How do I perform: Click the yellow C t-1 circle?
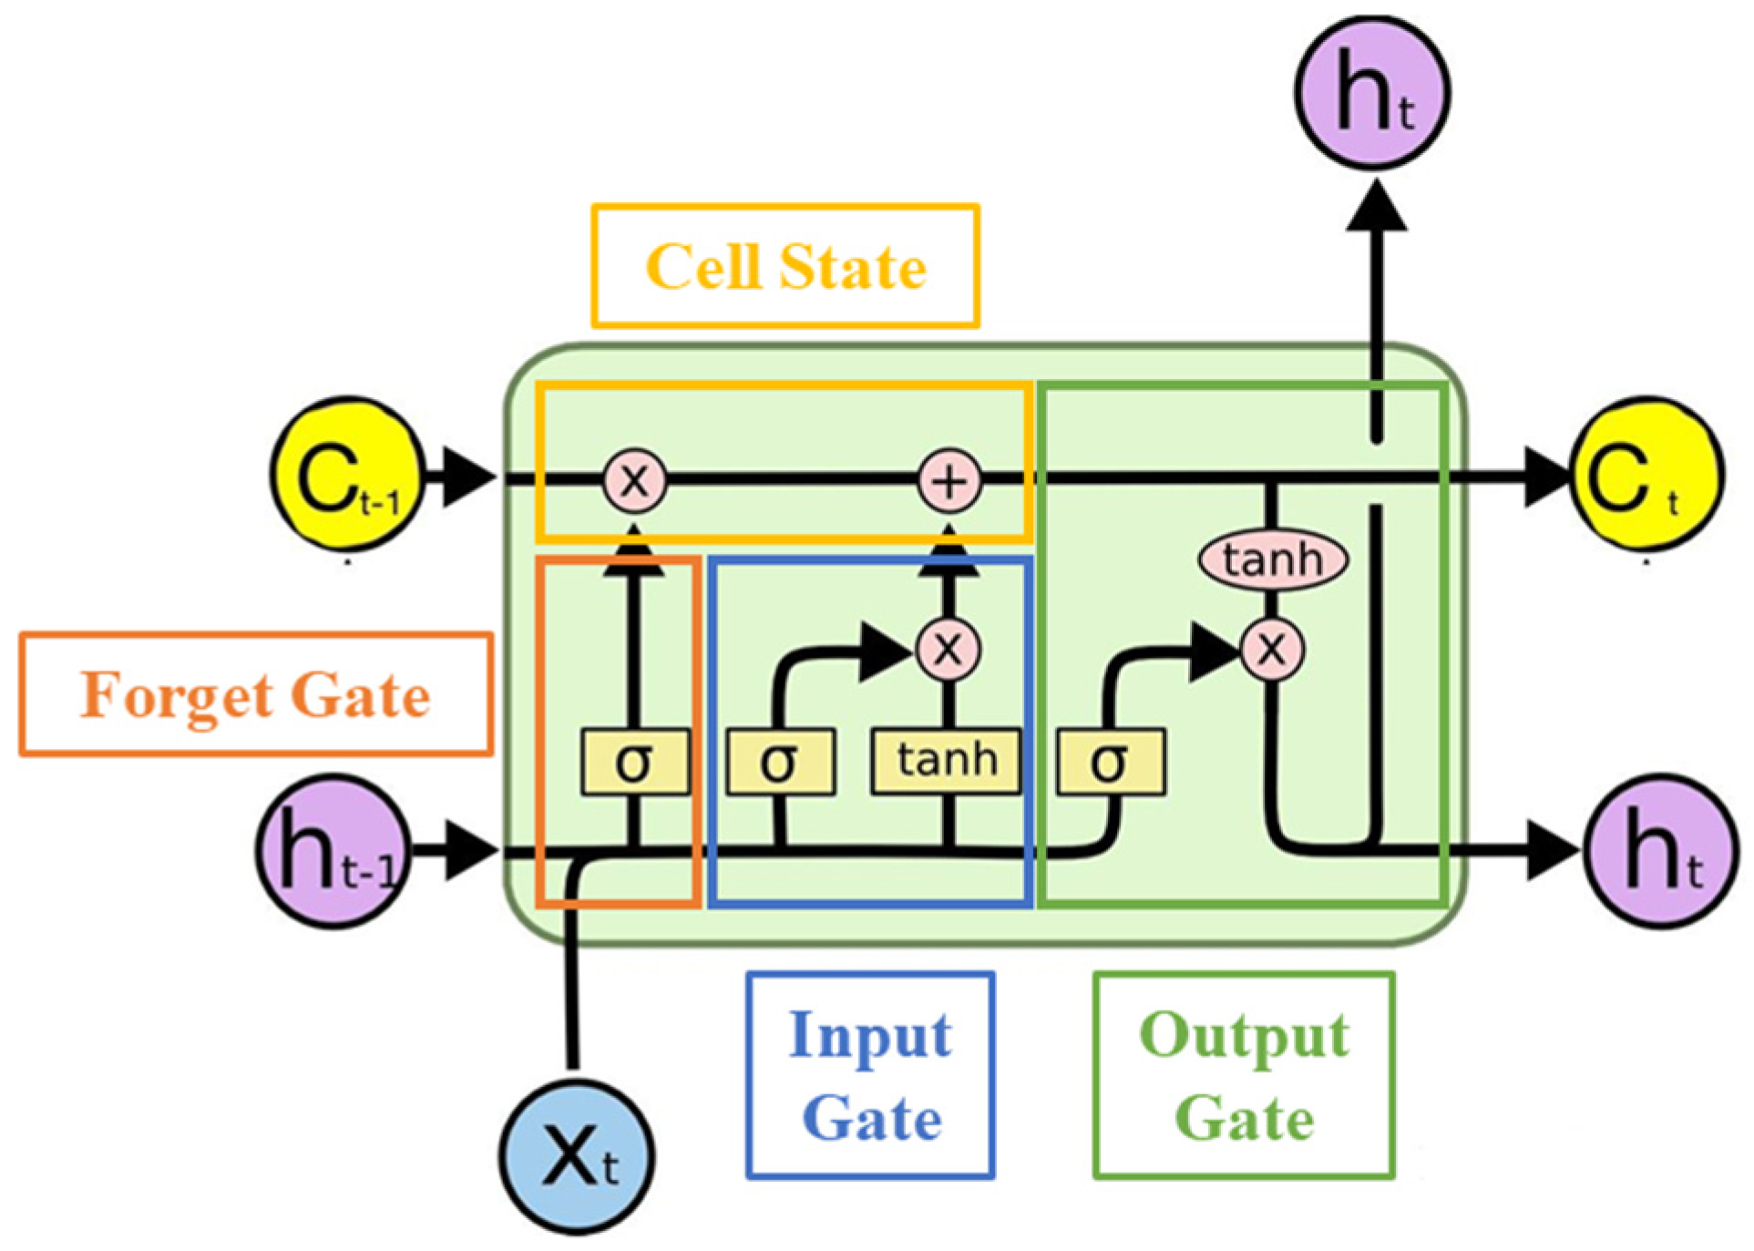(x=347, y=475)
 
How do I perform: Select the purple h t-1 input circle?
(x=333, y=851)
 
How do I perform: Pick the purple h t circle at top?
(x=1372, y=93)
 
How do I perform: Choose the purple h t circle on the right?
(x=1661, y=851)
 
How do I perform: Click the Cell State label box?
(x=785, y=266)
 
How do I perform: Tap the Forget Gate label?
(x=256, y=694)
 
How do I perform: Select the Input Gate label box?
(x=870, y=1076)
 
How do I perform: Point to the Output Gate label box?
(x=1244, y=1076)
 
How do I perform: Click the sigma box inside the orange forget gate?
(x=635, y=762)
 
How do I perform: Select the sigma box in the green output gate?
(x=1111, y=762)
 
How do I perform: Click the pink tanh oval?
(x=1272, y=559)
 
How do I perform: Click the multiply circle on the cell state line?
(x=634, y=479)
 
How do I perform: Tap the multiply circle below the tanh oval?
(x=1272, y=650)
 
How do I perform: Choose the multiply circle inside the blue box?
(x=948, y=649)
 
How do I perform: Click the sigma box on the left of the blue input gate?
(x=781, y=762)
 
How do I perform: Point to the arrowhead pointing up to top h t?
(x=1376, y=208)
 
